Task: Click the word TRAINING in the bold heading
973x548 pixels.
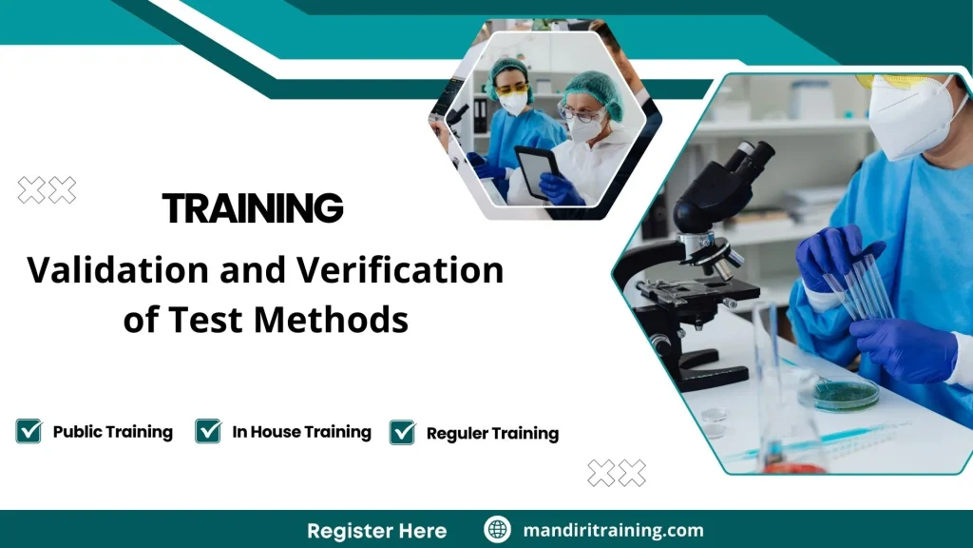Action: [x=252, y=207]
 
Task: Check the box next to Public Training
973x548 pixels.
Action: [x=29, y=431]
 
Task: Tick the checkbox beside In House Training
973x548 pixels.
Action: [x=208, y=431]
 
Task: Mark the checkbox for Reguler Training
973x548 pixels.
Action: [x=402, y=433]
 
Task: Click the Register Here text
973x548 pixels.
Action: [x=376, y=530]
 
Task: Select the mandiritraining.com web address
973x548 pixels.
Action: [x=613, y=530]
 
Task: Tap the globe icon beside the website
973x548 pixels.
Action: [x=497, y=530]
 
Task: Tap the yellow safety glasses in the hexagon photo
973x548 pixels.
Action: [x=513, y=88]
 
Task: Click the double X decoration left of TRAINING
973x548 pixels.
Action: [x=47, y=191]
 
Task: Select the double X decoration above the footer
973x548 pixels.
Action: [x=616, y=472]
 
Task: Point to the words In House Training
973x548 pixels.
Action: [x=301, y=432]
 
